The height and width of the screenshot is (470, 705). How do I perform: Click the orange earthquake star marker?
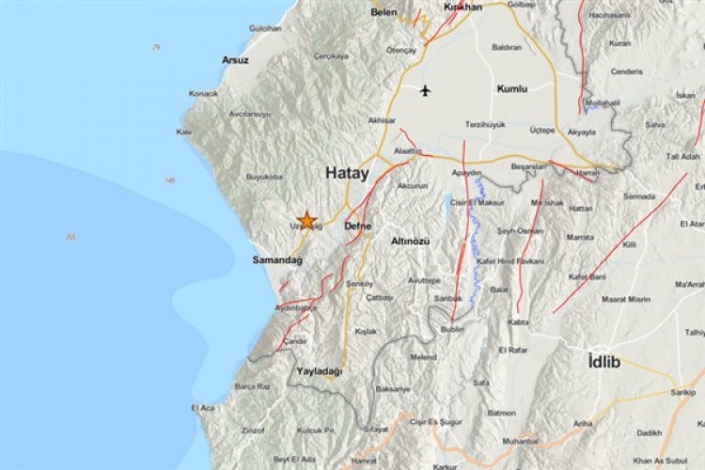click(306, 219)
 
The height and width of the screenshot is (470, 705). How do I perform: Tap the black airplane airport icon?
click(425, 90)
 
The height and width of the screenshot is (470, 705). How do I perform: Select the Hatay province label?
click(348, 173)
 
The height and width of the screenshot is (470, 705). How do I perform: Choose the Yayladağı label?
click(320, 371)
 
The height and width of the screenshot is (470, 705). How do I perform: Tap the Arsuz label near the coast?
click(235, 60)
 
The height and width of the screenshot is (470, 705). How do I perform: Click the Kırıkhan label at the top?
click(462, 8)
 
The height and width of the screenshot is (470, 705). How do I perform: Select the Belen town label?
click(384, 13)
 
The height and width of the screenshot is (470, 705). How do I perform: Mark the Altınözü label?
click(411, 242)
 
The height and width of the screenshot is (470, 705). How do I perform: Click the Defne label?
click(358, 227)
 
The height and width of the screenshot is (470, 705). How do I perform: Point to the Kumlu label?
click(512, 89)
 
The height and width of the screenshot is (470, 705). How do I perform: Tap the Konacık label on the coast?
click(203, 94)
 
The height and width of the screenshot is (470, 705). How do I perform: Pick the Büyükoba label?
click(264, 176)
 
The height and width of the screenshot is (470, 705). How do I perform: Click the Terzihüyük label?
click(486, 124)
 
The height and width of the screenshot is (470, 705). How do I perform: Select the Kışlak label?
click(366, 331)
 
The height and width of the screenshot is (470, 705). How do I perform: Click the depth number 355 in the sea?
click(70, 237)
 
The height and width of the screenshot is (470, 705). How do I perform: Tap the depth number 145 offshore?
click(169, 180)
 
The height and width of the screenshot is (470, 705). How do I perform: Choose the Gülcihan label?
click(265, 28)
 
